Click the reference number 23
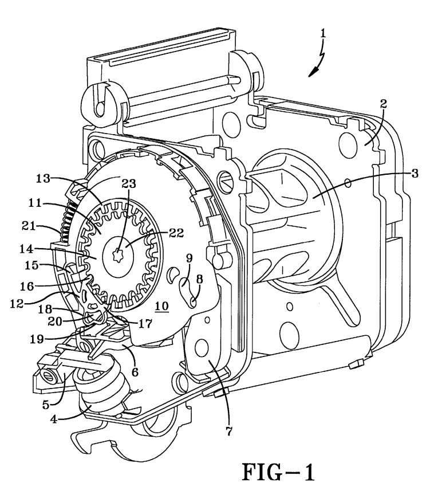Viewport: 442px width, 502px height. (129, 183)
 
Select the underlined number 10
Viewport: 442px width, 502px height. (161, 306)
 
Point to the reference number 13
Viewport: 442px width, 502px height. (43, 178)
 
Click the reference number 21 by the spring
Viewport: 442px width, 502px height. (29, 226)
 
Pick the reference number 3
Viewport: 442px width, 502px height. (414, 174)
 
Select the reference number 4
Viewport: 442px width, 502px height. (53, 419)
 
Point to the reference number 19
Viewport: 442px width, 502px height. (37, 339)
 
